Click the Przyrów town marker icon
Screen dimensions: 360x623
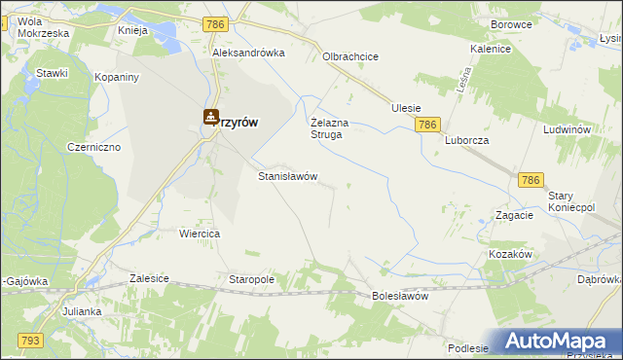click(x=210, y=117)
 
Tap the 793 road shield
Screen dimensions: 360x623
click(x=29, y=340)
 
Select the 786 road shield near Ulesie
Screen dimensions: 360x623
click(x=427, y=126)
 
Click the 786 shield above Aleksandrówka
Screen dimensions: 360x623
click(x=217, y=22)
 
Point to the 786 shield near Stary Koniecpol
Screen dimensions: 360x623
click(x=531, y=181)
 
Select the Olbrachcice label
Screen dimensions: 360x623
click(x=350, y=56)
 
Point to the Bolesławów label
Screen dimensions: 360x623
click(x=400, y=296)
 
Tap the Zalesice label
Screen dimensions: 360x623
click(x=148, y=278)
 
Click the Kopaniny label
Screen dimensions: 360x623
click(x=117, y=76)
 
